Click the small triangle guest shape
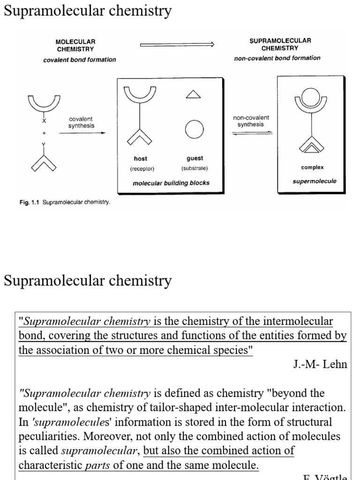194,95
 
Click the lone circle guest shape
195,129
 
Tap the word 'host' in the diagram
140,159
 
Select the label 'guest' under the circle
195,158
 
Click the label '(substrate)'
195,168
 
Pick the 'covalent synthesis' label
82,123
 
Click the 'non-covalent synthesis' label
251,121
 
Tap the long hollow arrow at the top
177,45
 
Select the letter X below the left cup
45,120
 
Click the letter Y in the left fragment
44,145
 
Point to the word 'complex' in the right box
312,167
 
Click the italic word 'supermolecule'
314,181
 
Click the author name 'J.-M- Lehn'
320,365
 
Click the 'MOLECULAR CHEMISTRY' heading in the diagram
75,45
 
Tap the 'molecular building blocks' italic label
171,183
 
